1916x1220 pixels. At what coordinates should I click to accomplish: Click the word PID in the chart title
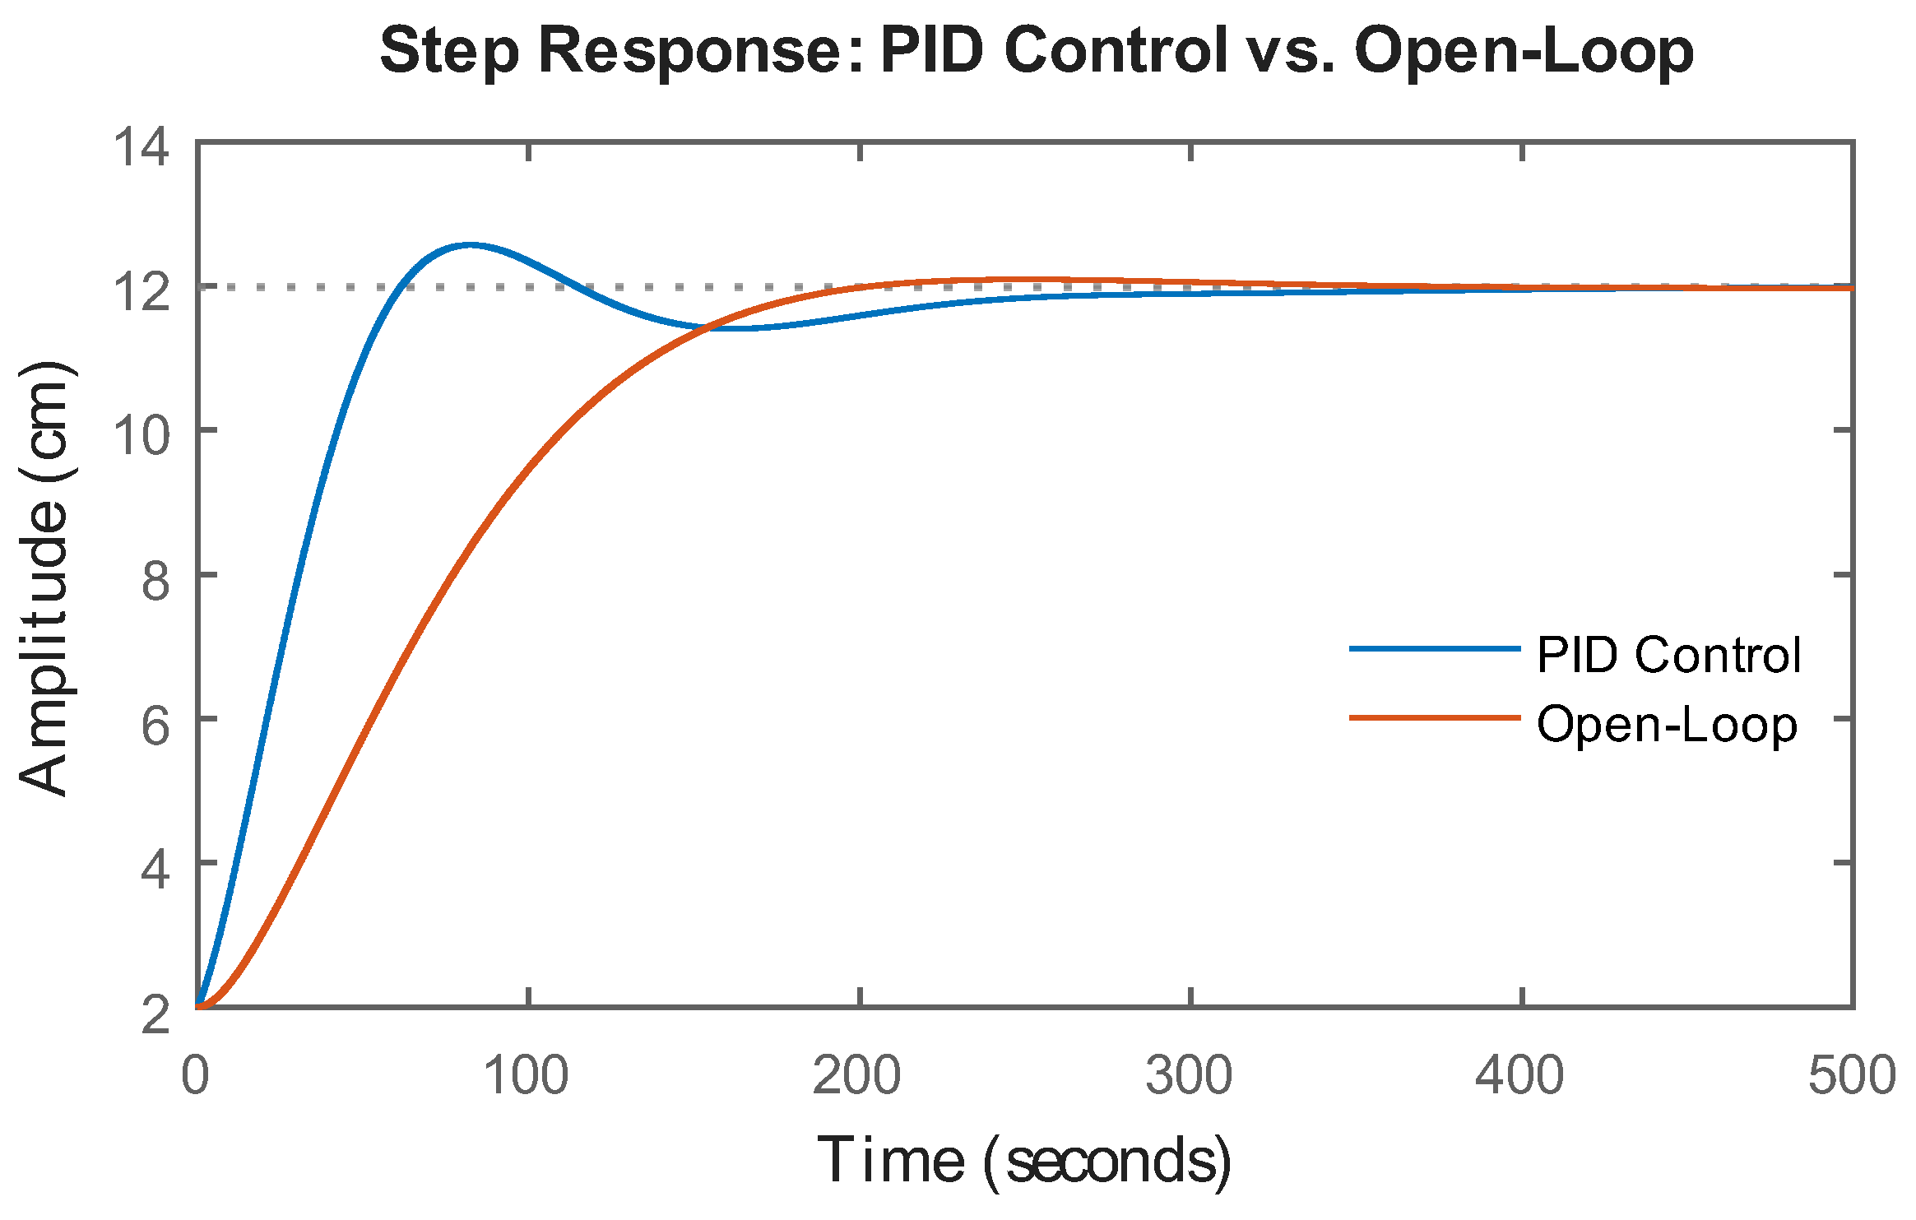[x=931, y=51]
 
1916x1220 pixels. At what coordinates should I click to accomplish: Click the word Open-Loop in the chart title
[x=1524, y=51]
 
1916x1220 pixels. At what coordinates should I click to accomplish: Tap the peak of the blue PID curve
[x=469, y=244]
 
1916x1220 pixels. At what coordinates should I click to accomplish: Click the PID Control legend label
[x=1668, y=655]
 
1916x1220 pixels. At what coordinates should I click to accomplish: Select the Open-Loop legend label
[x=1667, y=725]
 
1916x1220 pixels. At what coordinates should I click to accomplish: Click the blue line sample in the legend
[x=1434, y=649]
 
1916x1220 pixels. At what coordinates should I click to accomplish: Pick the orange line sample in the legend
[x=1434, y=718]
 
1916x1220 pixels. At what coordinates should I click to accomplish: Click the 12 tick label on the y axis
[x=141, y=291]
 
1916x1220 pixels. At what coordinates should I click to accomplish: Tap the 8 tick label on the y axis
[x=155, y=580]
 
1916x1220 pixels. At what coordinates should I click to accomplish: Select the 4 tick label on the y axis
[x=155, y=868]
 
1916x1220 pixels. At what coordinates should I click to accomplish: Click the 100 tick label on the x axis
[x=526, y=1075]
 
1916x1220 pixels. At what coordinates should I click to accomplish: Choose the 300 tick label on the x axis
[x=1189, y=1075]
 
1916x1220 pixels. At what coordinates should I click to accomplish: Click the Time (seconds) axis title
[x=1023, y=1161]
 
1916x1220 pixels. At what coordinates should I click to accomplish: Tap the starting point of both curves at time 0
[x=198, y=1005]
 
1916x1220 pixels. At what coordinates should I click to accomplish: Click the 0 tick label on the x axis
[x=195, y=1075]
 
